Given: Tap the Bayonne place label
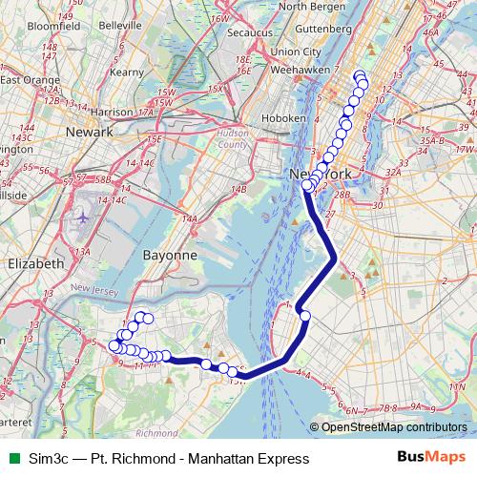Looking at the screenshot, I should pos(169,256).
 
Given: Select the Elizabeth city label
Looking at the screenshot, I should pos(34,262).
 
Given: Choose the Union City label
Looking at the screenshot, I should pos(297,52).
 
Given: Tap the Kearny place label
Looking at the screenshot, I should pos(126,71).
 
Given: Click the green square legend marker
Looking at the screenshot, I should pos(12,459).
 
